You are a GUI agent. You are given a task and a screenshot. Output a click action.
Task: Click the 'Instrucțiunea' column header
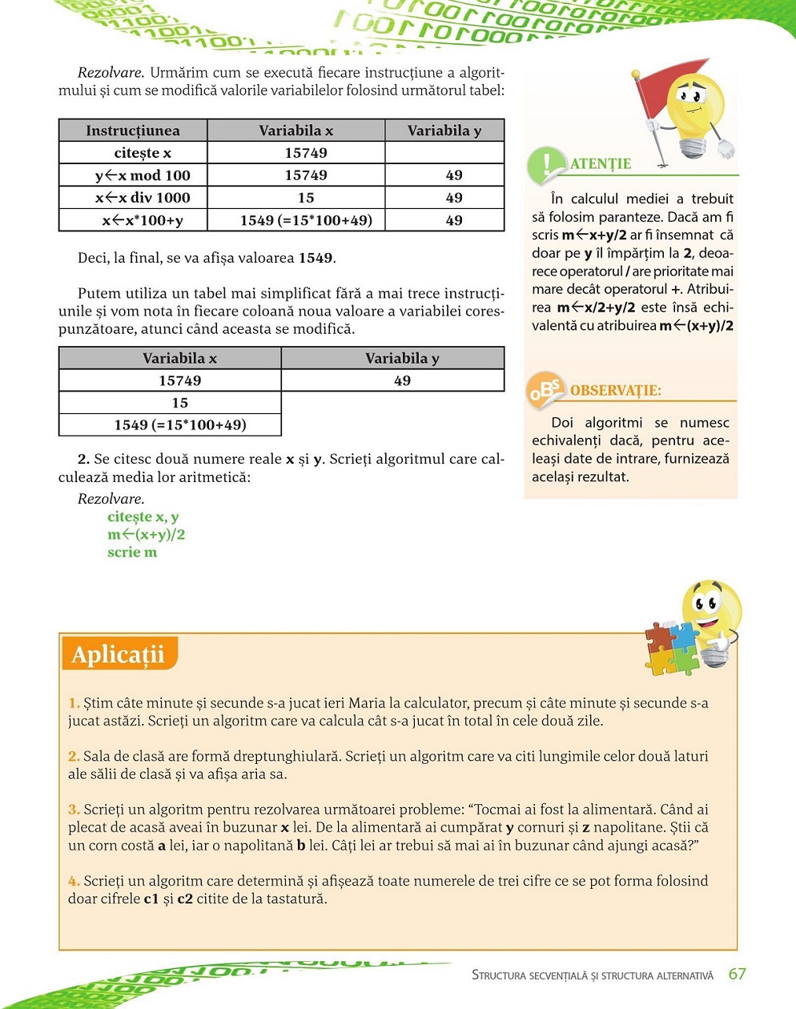tap(133, 131)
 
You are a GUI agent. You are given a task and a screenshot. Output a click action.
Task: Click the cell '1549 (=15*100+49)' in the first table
tap(306, 220)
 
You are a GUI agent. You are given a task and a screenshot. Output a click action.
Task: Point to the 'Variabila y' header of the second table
tap(402, 358)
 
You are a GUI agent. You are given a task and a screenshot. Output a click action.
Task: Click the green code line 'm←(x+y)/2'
tap(147, 534)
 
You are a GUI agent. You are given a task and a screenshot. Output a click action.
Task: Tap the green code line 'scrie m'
tap(132, 552)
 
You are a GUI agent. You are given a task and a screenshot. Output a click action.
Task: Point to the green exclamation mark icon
tap(546, 164)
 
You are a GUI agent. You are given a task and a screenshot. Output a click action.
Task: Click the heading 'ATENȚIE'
tap(601, 164)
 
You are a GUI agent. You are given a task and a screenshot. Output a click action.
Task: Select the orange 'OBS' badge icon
tap(546, 390)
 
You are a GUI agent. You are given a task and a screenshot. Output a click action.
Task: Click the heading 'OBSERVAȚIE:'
tap(616, 391)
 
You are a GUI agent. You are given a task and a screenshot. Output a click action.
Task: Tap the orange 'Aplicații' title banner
tap(119, 654)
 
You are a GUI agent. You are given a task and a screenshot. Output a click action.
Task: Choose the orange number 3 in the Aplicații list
tap(74, 810)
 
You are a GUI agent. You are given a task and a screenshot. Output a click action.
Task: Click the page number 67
tap(737, 974)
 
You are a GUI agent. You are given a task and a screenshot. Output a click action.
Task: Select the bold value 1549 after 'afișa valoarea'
tap(315, 258)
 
